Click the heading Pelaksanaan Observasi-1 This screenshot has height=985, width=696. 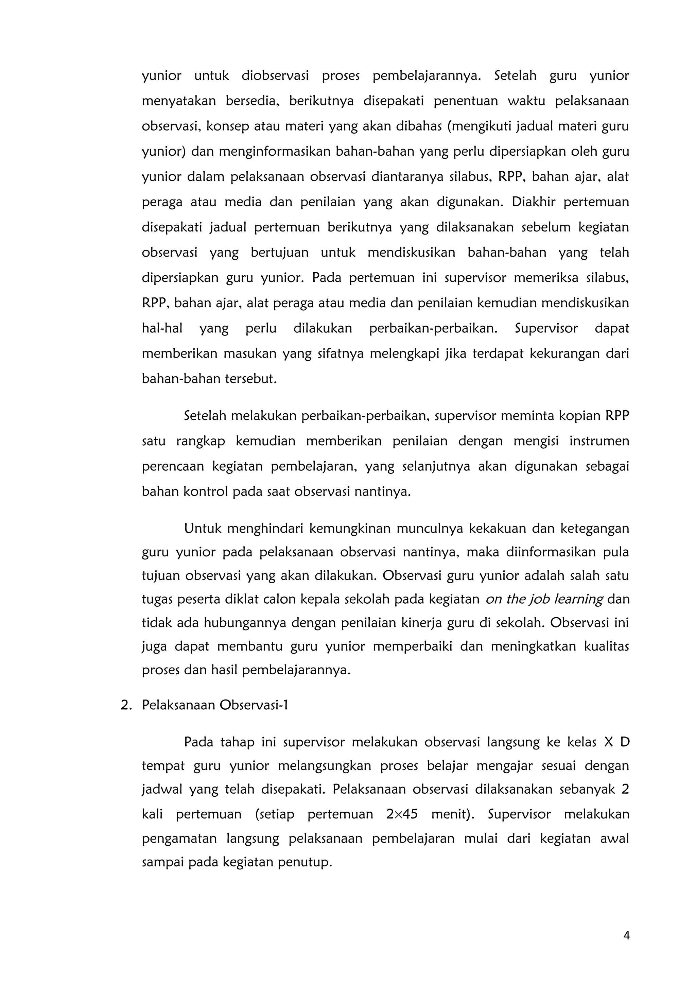pos(215,705)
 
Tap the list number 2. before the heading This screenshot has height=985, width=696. pos(126,705)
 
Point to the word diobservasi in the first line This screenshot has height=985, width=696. pos(275,76)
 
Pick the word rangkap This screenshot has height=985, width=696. pos(200,441)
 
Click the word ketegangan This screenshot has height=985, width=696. pos(594,528)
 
